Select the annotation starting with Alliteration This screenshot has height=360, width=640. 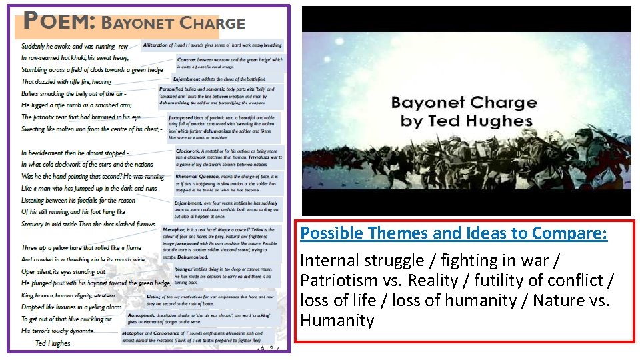tap(213, 45)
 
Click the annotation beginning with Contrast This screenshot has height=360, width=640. tap(229, 63)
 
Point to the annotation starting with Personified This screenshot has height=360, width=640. tap(221, 95)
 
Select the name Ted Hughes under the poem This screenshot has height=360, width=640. tap(53, 343)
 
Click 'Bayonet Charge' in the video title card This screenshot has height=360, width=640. tap(464, 103)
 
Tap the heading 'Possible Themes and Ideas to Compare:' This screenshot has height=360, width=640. tap(453, 233)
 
